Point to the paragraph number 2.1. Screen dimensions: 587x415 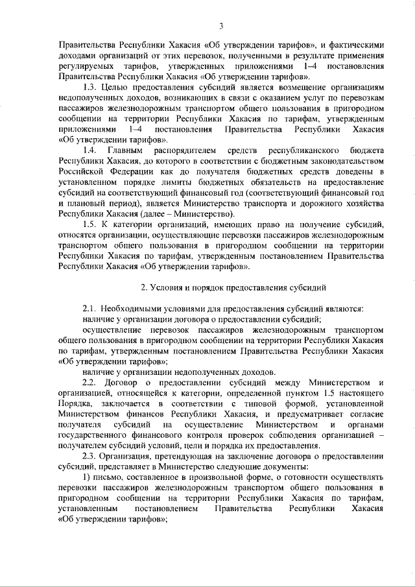point(91,307)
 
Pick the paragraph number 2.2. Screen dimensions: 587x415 point(91,381)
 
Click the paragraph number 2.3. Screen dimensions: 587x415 point(91,455)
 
